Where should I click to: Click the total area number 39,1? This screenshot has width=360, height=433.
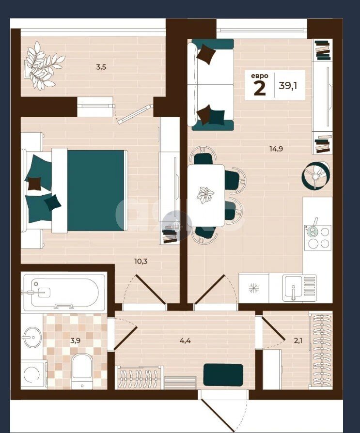(x=288, y=86)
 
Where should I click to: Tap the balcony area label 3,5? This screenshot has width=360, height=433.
(x=101, y=67)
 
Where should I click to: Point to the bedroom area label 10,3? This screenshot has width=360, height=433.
(x=141, y=261)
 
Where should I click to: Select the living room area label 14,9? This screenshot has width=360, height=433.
(x=276, y=149)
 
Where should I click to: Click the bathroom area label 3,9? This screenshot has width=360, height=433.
(x=75, y=340)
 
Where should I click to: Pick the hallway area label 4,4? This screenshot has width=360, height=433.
(x=185, y=340)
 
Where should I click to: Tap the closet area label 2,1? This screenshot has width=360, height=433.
(x=298, y=340)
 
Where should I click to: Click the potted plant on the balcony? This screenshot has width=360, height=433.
(x=44, y=66)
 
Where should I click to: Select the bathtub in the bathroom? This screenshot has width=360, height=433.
(x=64, y=292)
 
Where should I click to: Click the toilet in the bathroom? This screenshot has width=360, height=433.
(x=82, y=371)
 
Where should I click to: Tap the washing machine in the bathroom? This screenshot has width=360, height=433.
(x=32, y=374)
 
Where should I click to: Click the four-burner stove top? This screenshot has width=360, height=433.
(x=318, y=238)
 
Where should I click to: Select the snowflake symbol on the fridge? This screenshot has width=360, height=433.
(x=253, y=288)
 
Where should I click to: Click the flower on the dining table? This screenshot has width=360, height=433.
(x=205, y=195)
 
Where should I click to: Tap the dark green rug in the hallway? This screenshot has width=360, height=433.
(x=223, y=375)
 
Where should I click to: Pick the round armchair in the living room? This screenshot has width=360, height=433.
(x=316, y=175)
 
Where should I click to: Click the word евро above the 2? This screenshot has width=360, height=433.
(x=259, y=76)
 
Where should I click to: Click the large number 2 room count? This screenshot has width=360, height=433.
(x=259, y=88)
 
